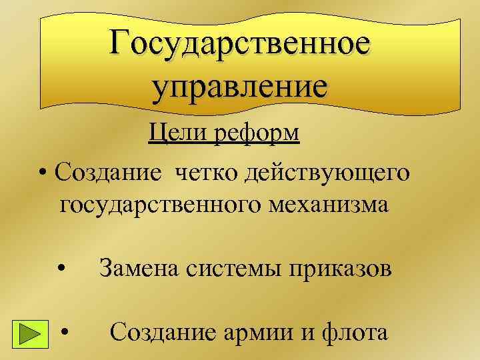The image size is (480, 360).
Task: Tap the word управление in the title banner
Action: tap(240, 86)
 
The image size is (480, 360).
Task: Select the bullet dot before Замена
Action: tap(61, 269)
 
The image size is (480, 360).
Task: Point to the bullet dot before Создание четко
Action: tap(42, 175)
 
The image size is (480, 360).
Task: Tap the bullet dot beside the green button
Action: tap(65, 331)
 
